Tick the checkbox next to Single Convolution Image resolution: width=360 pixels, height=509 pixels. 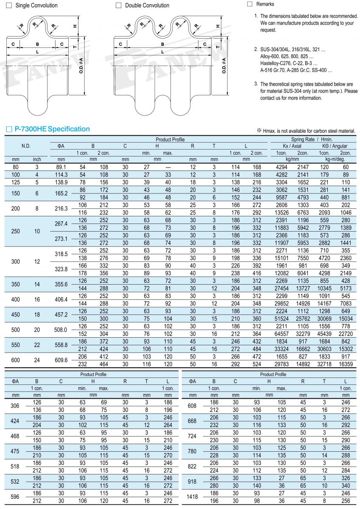(x=8, y=6)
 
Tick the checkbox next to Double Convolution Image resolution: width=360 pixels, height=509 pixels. (x=118, y=6)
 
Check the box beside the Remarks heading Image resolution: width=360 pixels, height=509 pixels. (x=249, y=4)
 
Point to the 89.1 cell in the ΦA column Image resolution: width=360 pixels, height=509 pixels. (x=62, y=167)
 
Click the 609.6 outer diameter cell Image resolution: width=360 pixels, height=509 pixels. (x=62, y=360)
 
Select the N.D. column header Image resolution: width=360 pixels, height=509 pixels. (x=26, y=146)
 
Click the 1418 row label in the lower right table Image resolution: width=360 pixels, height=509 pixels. (x=192, y=498)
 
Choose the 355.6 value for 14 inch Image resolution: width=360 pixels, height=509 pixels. (x=62, y=284)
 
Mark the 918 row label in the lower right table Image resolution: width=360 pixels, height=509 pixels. (x=192, y=482)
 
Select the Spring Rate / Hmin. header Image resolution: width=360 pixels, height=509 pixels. (x=312, y=140)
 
